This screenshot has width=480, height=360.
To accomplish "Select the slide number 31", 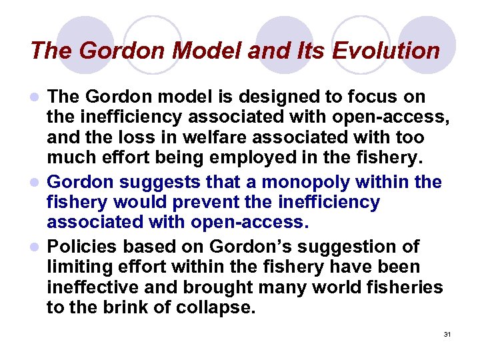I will pyautogui.click(x=447, y=334).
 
